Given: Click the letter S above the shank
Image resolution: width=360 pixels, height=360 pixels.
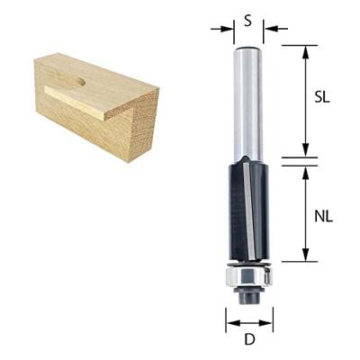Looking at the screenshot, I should click(x=247, y=19).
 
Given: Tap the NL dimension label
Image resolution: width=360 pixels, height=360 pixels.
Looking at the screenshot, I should click(x=321, y=217).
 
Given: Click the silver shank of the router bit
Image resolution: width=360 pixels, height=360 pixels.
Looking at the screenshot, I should click(x=247, y=99).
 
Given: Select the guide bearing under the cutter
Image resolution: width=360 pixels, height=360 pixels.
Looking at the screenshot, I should click(x=248, y=272).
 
